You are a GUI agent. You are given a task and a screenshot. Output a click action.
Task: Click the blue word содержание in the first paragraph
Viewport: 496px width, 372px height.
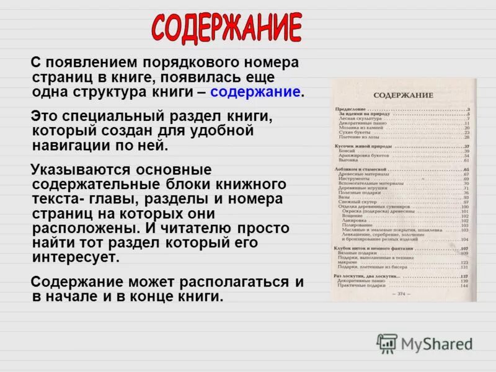click(256, 92)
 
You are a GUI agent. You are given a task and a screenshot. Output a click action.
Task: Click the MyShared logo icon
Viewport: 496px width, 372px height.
click(387, 343)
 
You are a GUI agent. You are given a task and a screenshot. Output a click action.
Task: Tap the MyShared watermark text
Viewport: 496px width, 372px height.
click(436, 344)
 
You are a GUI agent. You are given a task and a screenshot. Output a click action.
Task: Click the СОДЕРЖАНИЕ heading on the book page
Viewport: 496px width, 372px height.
click(404, 95)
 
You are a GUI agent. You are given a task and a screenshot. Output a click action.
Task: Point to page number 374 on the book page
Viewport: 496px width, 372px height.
click(401, 293)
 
